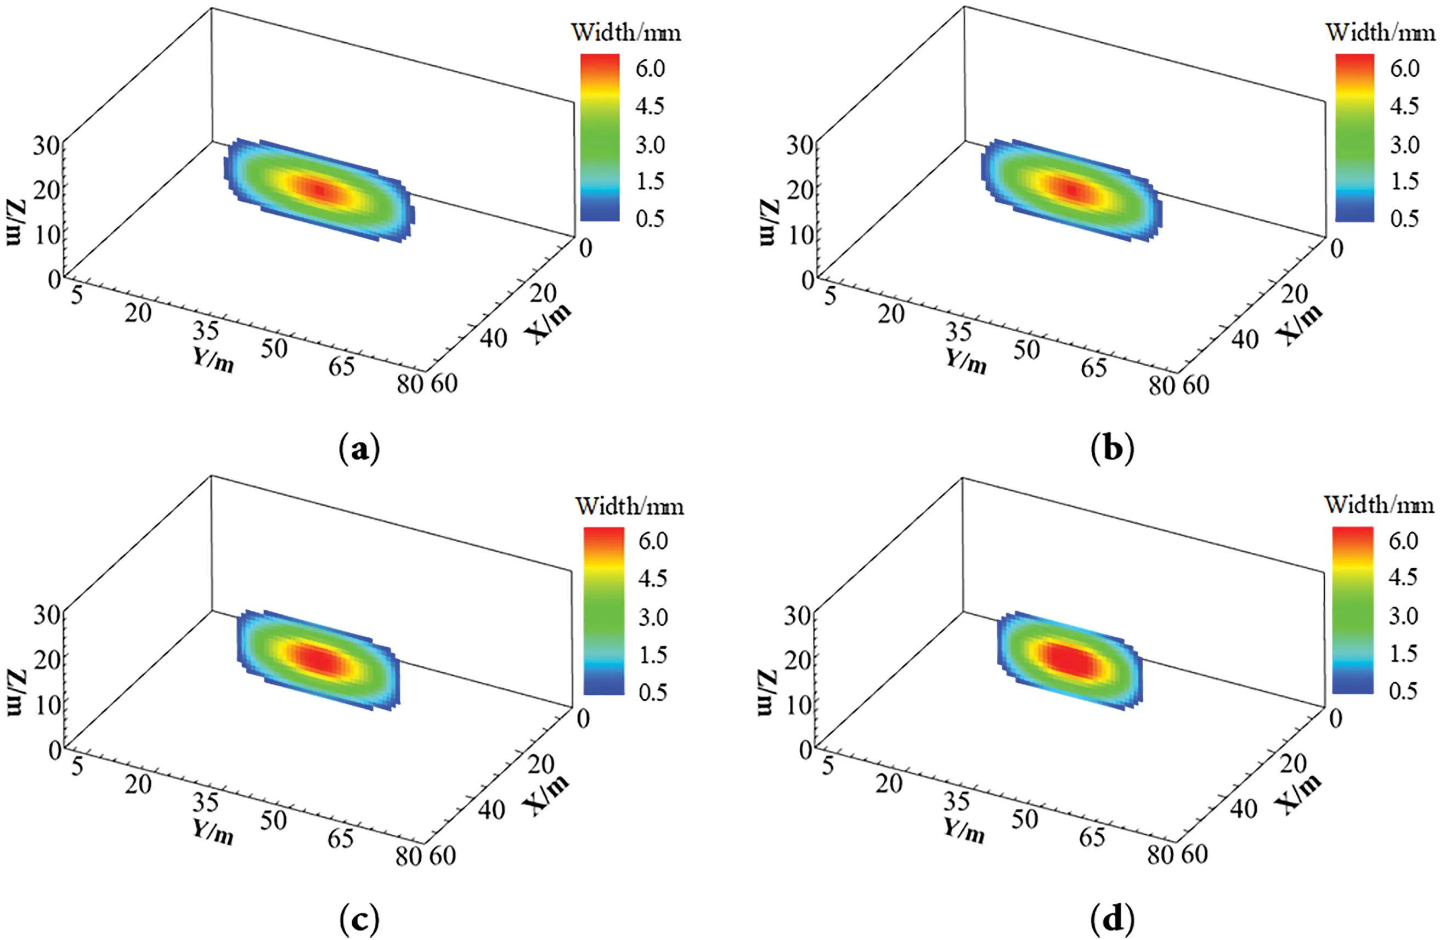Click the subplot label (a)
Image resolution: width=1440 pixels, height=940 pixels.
pyautogui.click(x=359, y=450)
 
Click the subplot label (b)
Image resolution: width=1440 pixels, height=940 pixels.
pyautogui.click(x=1112, y=450)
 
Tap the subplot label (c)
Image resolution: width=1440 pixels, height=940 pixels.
pyautogui.click(x=359, y=920)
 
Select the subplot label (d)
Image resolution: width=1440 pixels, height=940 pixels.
pyautogui.click(x=1112, y=920)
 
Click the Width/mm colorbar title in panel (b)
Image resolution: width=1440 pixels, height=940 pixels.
pyautogui.click(x=1380, y=32)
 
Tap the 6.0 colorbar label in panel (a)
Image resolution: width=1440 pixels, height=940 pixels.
pyautogui.click(x=650, y=69)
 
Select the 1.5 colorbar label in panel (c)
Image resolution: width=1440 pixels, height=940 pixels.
pyautogui.click(x=653, y=654)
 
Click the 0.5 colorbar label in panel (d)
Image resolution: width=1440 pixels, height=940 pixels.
pyautogui.click(x=1403, y=690)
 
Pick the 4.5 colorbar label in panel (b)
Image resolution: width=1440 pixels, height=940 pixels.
pyautogui.click(x=1404, y=106)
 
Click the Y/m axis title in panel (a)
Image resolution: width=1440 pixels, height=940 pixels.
pyautogui.click(x=213, y=360)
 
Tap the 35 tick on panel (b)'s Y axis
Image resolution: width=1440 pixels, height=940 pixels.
pyautogui.click(x=959, y=331)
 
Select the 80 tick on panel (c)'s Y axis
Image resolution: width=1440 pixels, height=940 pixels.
pyautogui.click(x=408, y=856)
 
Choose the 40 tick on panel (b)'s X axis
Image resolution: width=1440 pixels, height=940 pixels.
pyautogui.click(x=1245, y=339)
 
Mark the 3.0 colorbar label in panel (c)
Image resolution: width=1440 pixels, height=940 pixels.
pyautogui.click(x=653, y=617)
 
